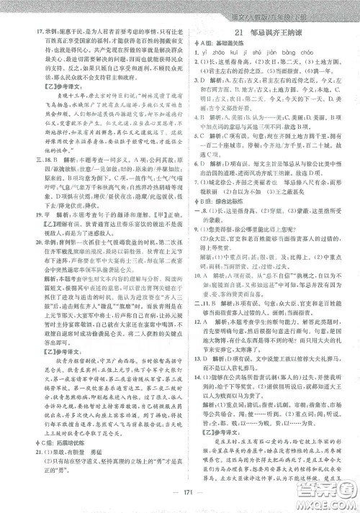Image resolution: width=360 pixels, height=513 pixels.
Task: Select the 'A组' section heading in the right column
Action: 200,45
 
